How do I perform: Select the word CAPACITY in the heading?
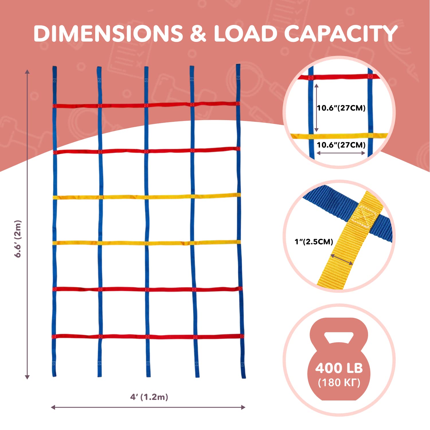341,34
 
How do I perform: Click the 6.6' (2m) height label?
18,239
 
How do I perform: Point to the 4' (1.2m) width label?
149,397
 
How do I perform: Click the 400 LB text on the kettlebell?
339,368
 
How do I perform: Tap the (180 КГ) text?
339,382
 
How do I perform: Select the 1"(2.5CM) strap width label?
314,242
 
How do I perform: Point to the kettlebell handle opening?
339,337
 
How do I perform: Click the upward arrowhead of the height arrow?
27,71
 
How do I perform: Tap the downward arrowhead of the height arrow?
27,377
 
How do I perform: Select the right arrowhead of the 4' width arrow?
243,407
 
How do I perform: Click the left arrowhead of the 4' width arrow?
53,407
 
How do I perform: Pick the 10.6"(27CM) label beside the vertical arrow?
341,108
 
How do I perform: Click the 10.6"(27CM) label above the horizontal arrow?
341,145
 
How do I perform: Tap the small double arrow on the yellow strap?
342,259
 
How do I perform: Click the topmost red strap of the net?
146,105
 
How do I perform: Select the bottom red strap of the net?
148,336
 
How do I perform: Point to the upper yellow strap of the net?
146,197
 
